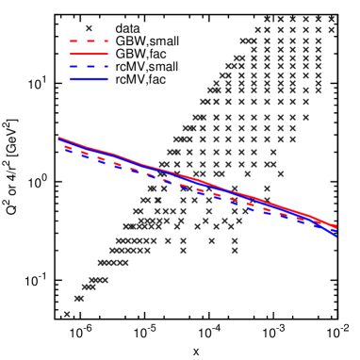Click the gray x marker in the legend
89,28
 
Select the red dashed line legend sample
89,41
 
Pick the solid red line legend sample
89,54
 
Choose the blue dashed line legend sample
89,66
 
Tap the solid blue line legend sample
89,78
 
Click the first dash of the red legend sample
74,41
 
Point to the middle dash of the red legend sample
90,41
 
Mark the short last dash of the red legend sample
106,41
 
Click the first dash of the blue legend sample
74,66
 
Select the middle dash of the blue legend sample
90,66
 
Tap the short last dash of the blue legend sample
106,66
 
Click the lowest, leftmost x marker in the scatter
67,314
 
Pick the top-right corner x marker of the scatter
331,19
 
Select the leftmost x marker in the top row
267,19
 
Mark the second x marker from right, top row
318,19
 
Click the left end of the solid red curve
59,139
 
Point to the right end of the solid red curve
335,226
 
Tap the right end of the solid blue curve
335,235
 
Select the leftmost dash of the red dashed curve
68,147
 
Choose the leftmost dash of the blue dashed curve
69,151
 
